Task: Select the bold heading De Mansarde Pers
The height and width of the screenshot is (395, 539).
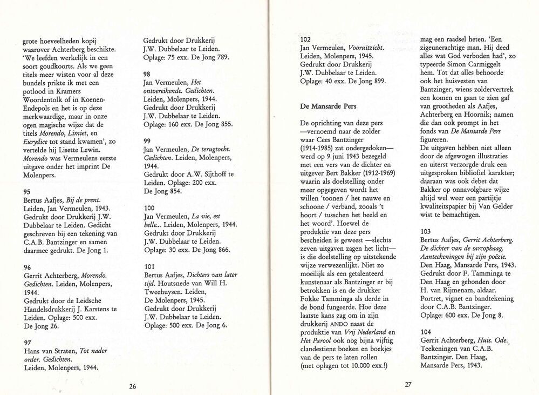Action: point(328,106)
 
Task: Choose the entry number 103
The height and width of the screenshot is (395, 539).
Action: point(426,231)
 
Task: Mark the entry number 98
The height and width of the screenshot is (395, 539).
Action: point(147,74)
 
